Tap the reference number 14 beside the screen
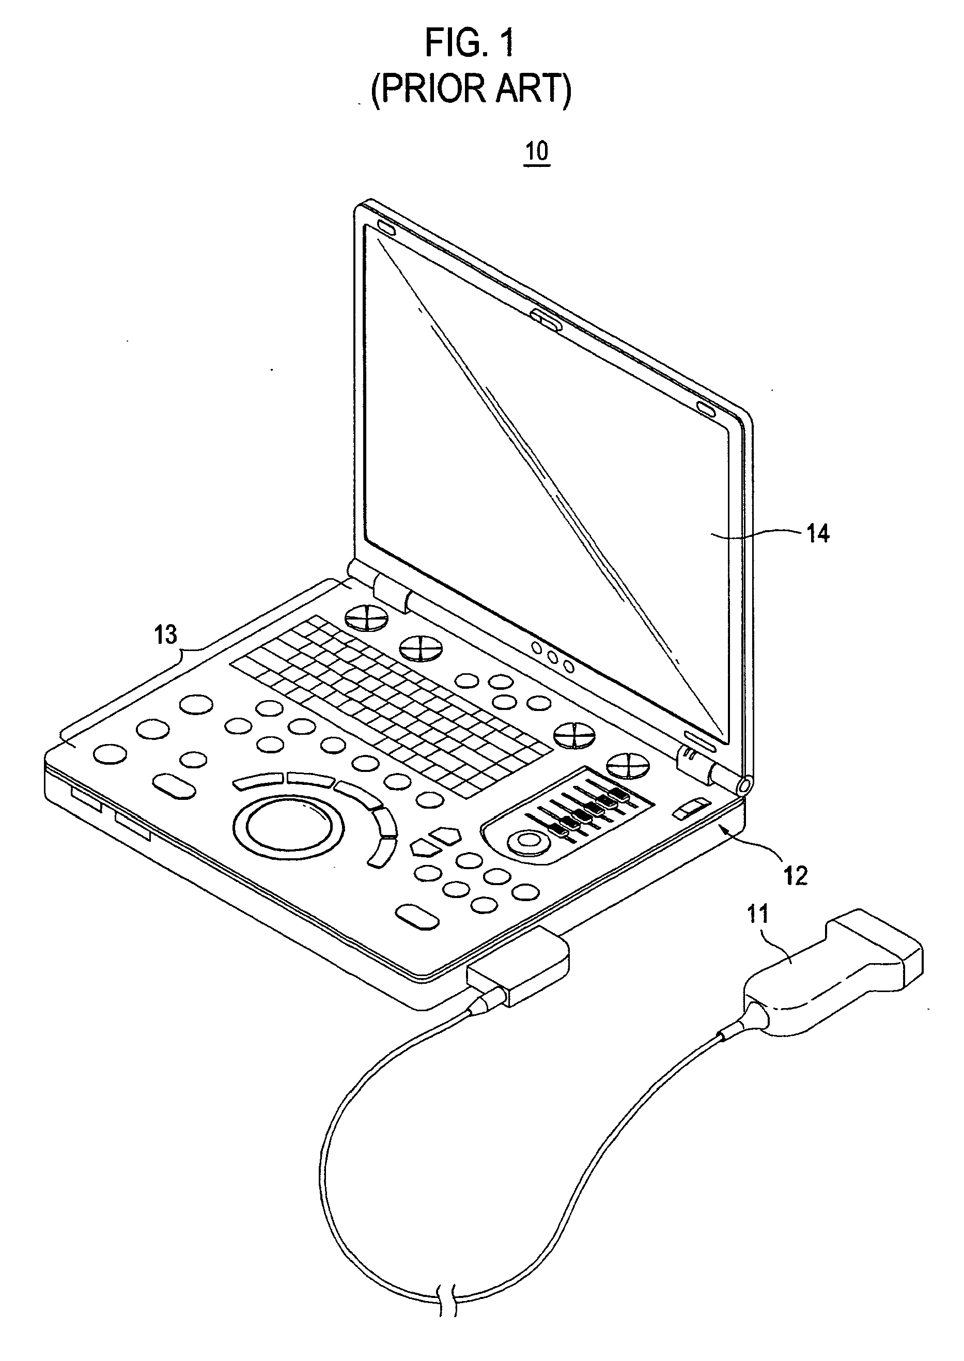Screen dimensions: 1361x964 [817, 534]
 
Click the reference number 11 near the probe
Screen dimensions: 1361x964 [757, 915]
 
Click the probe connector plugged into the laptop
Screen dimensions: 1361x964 [518, 963]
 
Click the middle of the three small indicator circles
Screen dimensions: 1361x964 [553, 658]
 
